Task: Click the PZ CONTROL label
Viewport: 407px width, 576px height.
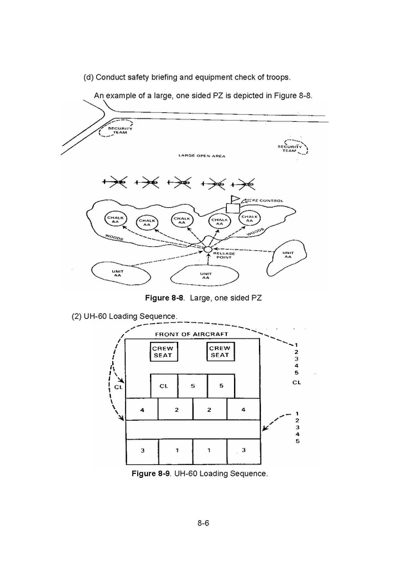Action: [x=267, y=201]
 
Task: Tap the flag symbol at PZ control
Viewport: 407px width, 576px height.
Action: [x=235, y=199]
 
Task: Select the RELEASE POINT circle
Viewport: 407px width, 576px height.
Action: [x=208, y=250]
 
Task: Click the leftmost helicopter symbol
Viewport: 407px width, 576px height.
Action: [x=115, y=182]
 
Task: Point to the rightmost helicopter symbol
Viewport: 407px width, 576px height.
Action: [x=244, y=183]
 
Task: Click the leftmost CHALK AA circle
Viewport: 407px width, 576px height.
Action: [x=115, y=219]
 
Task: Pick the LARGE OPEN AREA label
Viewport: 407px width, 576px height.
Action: [x=202, y=156]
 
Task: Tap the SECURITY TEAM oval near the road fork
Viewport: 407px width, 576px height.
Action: [x=115, y=128]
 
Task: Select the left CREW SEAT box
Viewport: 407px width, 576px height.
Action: [x=163, y=352]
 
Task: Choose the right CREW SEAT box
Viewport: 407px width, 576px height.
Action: [x=220, y=352]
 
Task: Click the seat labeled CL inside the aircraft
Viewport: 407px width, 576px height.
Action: [x=164, y=386]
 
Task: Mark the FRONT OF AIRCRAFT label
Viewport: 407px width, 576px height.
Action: [x=192, y=334]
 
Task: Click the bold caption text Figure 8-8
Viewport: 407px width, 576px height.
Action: [x=164, y=298]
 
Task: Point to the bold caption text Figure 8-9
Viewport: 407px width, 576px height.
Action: [x=151, y=473]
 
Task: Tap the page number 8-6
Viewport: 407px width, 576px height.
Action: [x=203, y=523]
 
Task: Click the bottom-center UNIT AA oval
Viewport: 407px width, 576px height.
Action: [x=205, y=275]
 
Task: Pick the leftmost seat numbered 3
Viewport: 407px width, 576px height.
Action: [x=142, y=451]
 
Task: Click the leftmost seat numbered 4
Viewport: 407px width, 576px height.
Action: [x=142, y=409]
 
